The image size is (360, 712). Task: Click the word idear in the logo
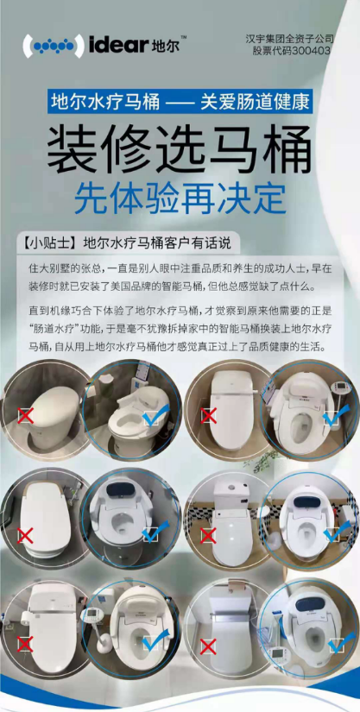118,46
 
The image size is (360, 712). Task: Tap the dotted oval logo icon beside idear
54,46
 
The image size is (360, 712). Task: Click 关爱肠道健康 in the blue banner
256,102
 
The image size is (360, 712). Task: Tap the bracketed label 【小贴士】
47,243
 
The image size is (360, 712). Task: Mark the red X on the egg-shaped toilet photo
25,415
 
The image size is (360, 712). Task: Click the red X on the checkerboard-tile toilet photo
208,536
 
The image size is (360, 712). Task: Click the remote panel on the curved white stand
93,614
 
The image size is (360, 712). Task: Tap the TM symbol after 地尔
184,36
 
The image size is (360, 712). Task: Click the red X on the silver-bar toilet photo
208,646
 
